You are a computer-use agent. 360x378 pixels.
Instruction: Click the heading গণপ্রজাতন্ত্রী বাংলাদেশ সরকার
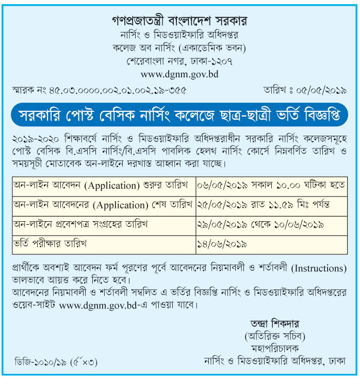pyautogui.click(x=179, y=21)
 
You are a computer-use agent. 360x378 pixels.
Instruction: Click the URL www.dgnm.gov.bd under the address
pyautogui.click(x=179, y=74)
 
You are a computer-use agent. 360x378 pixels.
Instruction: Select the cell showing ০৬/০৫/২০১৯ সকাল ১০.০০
pyautogui.click(x=271, y=185)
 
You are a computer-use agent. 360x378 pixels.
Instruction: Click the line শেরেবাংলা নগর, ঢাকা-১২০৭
pyautogui.click(x=179, y=61)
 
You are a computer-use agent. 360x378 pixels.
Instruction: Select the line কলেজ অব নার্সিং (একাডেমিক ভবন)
pyautogui.click(x=179, y=48)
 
